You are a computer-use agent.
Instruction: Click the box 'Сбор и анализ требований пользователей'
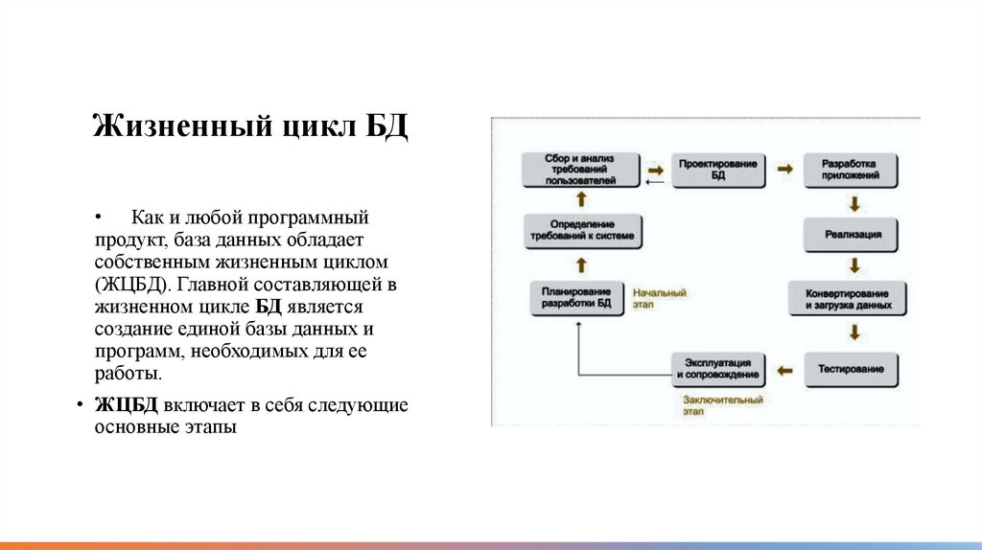[x=580, y=169]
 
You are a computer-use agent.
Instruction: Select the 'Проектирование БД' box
[x=718, y=170]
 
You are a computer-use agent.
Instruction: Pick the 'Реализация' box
[x=853, y=233]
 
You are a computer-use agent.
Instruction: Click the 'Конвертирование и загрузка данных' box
[x=848, y=299]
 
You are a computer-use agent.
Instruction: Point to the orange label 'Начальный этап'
[x=660, y=298]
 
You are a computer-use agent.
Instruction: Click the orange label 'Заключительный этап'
[x=724, y=404]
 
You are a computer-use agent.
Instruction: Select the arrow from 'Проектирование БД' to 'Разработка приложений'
[x=785, y=169]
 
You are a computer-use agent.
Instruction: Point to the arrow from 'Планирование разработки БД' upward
[x=580, y=265]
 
